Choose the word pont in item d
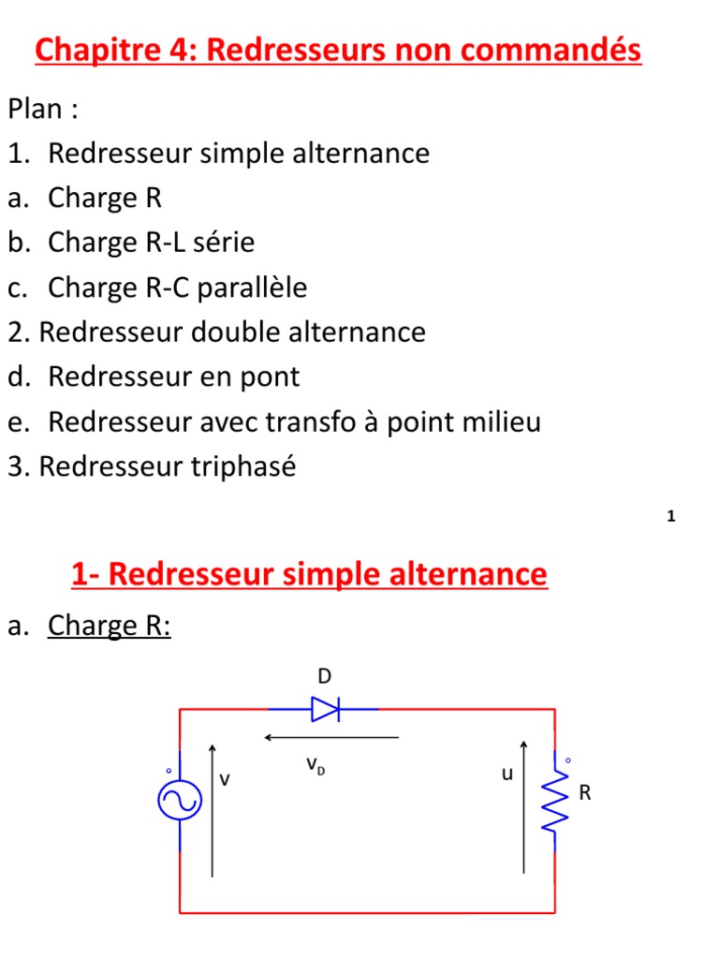(268, 377)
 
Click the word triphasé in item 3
(245, 466)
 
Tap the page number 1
(671, 517)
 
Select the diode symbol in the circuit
(325, 710)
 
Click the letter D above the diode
(325, 677)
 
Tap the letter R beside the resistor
(585, 794)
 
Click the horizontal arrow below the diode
(331, 738)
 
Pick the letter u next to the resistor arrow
(507, 775)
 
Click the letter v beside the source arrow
(225, 778)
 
